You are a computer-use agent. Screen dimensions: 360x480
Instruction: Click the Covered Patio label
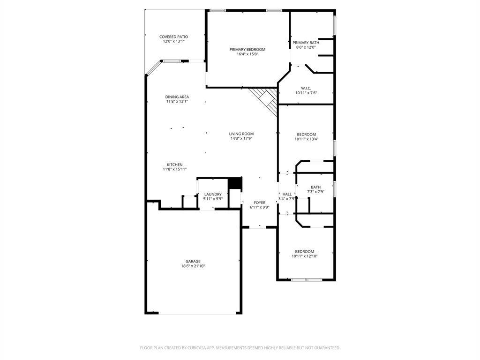173,37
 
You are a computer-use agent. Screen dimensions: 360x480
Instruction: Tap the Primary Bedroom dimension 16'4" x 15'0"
247,54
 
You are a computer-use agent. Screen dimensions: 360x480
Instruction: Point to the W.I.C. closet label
306,88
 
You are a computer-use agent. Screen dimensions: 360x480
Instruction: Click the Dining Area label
177,97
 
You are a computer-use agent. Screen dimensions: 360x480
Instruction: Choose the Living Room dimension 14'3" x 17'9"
241,139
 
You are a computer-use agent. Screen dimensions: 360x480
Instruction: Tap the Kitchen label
174,165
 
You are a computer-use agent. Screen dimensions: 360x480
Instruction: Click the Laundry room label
213,194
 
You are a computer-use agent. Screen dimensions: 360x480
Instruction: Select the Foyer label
260,202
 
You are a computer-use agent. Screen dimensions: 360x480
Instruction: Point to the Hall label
287,194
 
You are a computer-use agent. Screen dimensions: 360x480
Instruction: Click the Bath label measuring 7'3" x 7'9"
315,187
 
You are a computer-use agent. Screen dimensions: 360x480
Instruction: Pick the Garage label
193,261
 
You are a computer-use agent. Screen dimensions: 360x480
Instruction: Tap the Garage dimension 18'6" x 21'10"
193,266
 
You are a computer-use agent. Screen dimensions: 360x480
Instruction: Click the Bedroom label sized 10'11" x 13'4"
306,134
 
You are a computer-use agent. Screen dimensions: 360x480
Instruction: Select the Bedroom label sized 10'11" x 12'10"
304,251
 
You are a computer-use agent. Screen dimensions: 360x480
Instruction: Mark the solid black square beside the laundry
234,183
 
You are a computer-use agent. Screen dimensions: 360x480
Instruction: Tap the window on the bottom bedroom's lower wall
306,280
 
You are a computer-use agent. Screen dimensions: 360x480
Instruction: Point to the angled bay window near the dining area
153,68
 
